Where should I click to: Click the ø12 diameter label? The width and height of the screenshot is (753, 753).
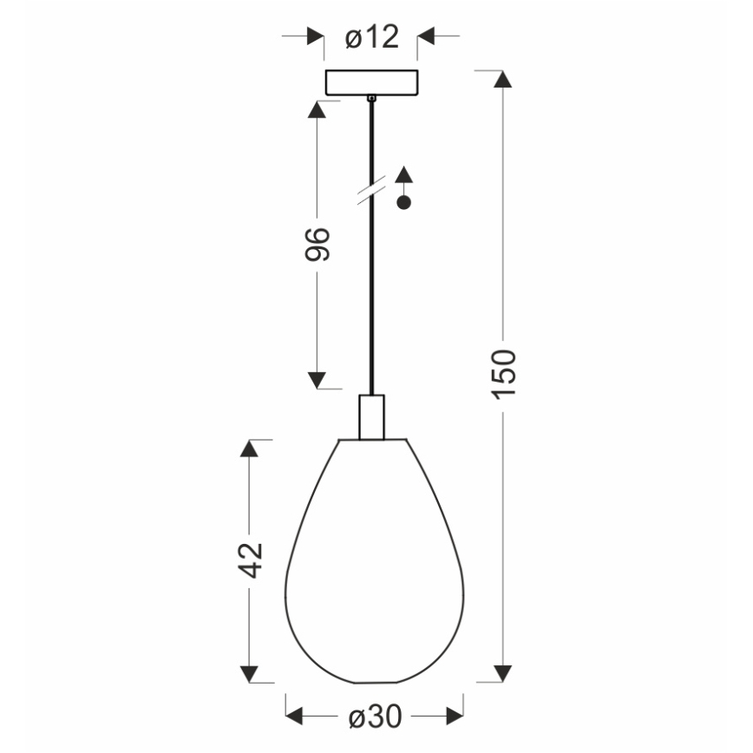coord(370,36)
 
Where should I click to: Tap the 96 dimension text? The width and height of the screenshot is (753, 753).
coord(318,245)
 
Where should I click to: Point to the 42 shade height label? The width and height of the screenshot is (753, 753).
coord(250,560)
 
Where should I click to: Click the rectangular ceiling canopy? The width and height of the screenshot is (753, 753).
coord(370,82)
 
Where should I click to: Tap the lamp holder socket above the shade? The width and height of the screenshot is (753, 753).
coord(371,417)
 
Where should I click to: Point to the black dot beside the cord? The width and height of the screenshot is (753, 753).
coord(403,203)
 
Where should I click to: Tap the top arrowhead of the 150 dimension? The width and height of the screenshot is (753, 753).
coord(502,79)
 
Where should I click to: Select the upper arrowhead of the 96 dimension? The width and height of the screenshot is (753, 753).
coord(317,110)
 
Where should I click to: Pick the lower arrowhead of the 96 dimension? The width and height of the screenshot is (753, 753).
coord(317,379)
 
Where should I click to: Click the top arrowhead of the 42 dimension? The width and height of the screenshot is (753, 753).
coord(250,449)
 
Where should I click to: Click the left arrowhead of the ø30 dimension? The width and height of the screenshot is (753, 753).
coord(296,716)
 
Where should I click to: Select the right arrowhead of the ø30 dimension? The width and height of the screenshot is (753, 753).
coord(454,716)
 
